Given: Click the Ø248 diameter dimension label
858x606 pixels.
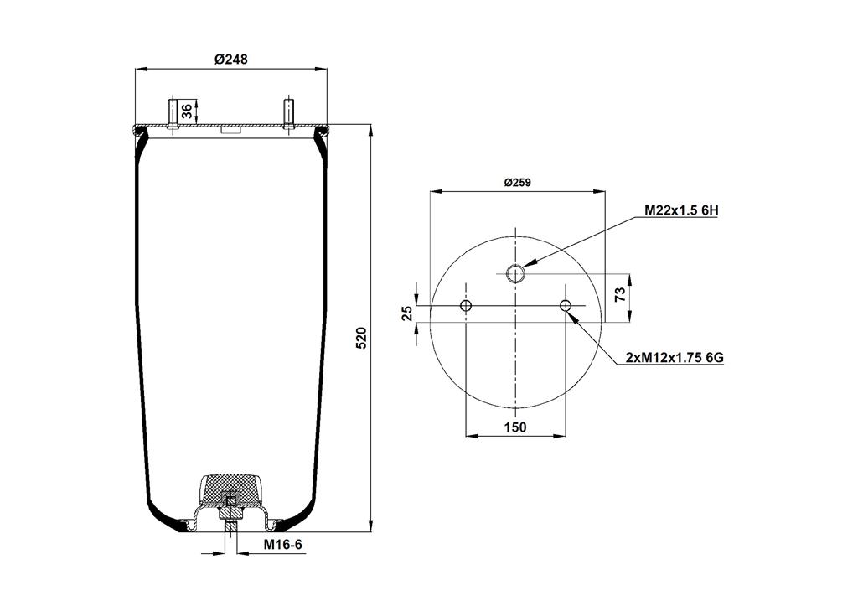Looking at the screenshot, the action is click(231, 59).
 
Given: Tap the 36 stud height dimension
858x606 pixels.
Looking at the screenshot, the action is click(187, 111).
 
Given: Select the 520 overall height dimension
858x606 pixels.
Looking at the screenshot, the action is click(361, 338).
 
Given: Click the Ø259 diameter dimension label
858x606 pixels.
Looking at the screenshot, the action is click(517, 183).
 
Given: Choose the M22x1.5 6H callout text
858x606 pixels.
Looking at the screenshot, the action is click(680, 210).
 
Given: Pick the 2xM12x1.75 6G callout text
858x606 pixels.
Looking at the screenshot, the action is click(675, 358).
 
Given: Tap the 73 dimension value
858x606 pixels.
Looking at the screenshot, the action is click(620, 294).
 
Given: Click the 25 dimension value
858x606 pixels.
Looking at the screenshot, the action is click(407, 313).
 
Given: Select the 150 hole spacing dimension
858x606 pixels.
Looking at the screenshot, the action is click(515, 427).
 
